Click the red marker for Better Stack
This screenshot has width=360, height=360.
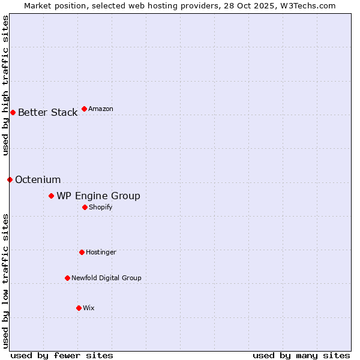(x=13, y=112)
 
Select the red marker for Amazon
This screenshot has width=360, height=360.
(x=84, y=109)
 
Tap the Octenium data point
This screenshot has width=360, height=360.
(x=10, y=179)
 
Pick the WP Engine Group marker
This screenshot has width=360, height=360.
(x=51, y=196)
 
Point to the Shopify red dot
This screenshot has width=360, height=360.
(x=85, y=207)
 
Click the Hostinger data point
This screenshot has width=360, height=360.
(x=82, y=252)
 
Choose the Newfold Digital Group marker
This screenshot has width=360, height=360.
(x=67, y=278)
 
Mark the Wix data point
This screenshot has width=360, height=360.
(x=79, y=308)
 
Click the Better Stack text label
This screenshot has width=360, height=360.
(x=47, y=112)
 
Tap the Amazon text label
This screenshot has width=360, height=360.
(x=101, y=109)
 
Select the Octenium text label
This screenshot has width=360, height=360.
(x=38, y=179)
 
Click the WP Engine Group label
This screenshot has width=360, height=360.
(x=98, y=196)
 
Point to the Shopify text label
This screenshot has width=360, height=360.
(x=101, y=207)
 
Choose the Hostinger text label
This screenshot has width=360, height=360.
(x=101, y=252)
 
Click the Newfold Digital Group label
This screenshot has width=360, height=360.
(x=106, y=278)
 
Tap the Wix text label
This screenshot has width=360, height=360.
(x=89, y=308)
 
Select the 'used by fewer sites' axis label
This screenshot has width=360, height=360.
(x=62, y=355)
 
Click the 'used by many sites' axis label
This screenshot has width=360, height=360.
(x=301, y=355)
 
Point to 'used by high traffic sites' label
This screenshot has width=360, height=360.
(x=5, y=85)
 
